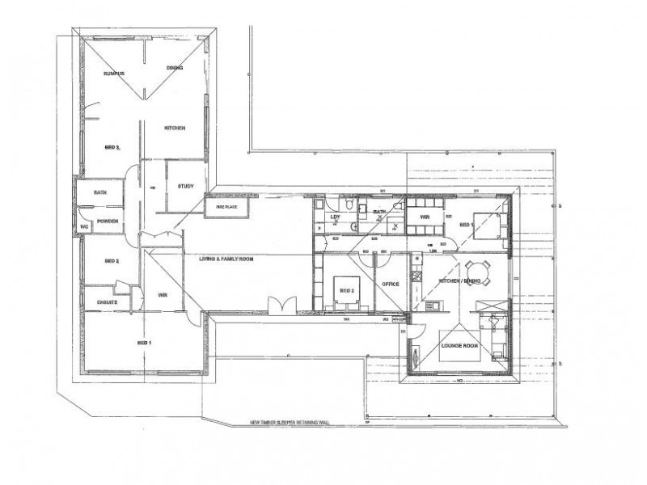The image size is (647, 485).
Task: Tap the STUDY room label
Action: [x=185, y=187]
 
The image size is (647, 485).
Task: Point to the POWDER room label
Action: [x=108, y=221]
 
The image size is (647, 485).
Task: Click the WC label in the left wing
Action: [x=82, y=227]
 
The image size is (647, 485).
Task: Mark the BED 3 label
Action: [x=112, y=148]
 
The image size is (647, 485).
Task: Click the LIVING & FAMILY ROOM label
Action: [x=227, y=258]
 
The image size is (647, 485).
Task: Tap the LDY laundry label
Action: [x=336, y=217]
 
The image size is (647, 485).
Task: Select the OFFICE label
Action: [x=391, y=285]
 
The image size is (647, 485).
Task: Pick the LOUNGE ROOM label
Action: [x=459, y=346]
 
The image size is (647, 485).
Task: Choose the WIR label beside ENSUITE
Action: [x=163, y=294]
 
